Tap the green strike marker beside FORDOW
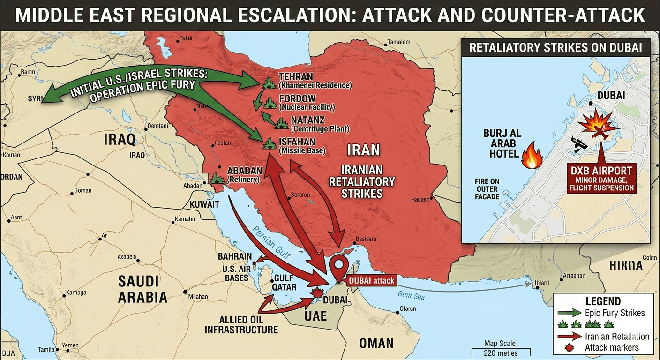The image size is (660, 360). point(270,103)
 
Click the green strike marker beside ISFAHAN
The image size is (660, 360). point(270,143)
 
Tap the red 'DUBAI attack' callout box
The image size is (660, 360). point(371,280)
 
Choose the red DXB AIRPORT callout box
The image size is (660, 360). point(601,178)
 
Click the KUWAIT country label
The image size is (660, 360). point(204,205)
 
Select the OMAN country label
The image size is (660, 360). point(376,343)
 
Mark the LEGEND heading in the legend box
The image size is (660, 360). point(603,301)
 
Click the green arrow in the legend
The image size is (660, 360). point(569,313)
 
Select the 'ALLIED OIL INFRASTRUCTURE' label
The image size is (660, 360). point(241,324)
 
